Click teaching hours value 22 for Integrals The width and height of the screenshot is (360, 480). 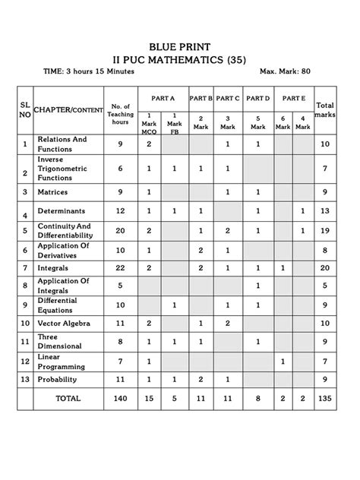[x=120, y=267]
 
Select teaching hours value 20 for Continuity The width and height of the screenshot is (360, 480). [x=120, y=229]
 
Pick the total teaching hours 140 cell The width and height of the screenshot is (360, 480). [x=120, y=398]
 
